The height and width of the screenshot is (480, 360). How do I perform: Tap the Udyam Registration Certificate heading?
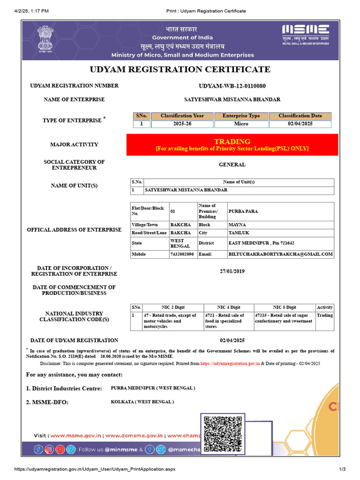point(180,70)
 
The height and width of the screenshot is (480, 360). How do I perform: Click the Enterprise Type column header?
point(241,116)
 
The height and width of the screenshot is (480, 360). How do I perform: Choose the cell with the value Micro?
point(241,124)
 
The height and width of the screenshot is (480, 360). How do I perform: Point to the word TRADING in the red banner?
point(232,142)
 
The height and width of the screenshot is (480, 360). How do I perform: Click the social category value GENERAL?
point(232,165)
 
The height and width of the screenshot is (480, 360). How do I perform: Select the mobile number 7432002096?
point(182,254)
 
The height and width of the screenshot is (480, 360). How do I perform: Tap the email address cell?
point(280,254)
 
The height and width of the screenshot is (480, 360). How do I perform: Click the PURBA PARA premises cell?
point(280,211)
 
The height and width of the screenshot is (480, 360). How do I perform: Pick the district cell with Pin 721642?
point(280,243)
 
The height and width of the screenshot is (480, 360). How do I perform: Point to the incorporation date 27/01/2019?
point(232,271)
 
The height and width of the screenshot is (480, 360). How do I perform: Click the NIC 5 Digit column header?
point(284,307)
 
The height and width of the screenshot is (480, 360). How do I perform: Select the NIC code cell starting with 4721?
point(228,321)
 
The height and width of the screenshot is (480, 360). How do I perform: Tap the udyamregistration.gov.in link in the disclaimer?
point(230,363)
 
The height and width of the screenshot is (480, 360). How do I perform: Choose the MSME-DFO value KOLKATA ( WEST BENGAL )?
point(142,402)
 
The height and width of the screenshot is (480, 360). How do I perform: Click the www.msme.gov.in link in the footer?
point(76,435)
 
